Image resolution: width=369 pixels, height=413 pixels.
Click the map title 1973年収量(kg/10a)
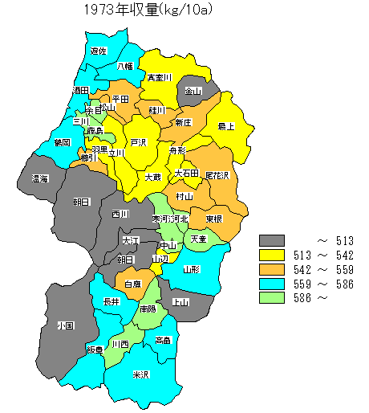click(152, 10)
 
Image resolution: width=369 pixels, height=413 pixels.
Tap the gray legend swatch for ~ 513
click(272, 241)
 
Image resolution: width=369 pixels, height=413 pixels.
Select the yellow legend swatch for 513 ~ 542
click(272, 256)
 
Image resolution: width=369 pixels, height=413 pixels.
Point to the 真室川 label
click(160, 78)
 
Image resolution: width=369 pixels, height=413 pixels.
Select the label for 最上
click(226, 126)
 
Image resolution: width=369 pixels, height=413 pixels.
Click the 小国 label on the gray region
click(66, 326)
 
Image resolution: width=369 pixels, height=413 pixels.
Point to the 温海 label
click(40, 178)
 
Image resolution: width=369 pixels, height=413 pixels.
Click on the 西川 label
click(120, 215)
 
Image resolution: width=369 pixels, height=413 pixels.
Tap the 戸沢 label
click(139, 142)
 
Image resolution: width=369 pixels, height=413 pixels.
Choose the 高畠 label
click(163, 340)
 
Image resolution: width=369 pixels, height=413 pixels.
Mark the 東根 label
click(213, 219)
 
